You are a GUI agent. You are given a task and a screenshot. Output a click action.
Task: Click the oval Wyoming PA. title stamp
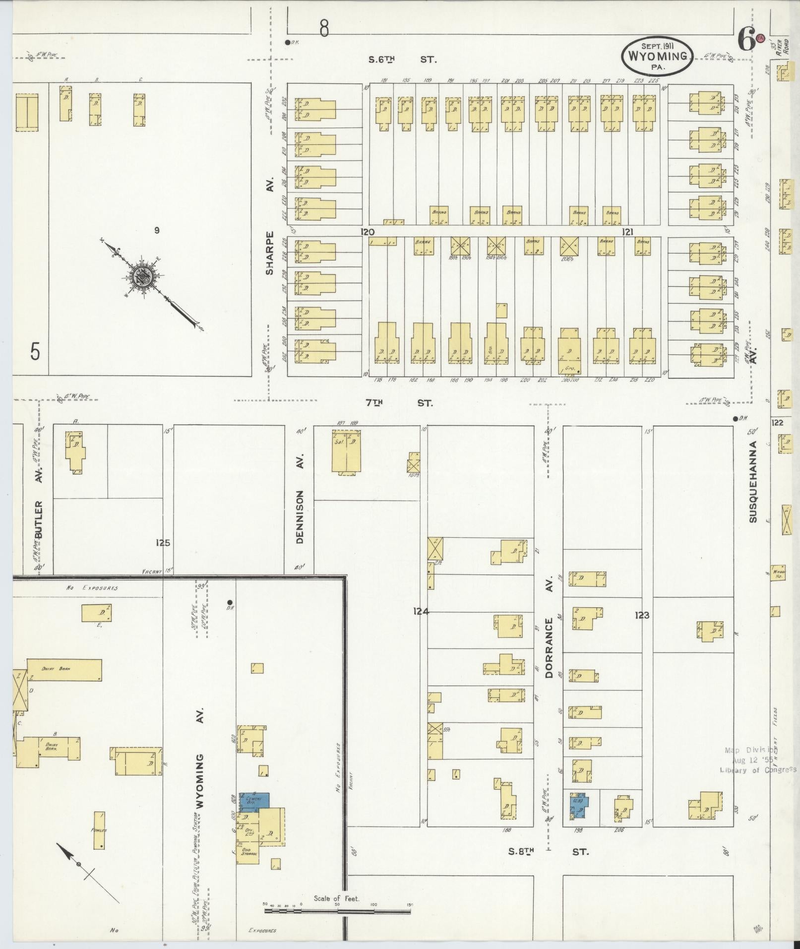(x=658, y=56)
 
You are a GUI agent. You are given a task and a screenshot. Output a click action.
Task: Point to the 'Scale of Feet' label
(x=336, y=898)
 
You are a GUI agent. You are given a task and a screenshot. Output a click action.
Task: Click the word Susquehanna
(x=753, y=481)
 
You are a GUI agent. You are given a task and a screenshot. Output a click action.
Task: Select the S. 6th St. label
(x=402, y=60)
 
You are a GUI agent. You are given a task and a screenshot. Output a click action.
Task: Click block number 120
(x=368, y=232)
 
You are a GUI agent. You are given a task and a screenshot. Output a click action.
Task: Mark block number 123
(x=641, y=615)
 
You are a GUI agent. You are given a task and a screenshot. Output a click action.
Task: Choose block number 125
(x=163, y=543)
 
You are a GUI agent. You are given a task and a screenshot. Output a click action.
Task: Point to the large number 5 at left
(x=35, y=352)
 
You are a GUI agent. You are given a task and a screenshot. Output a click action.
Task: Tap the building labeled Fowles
(x=99, y=830)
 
